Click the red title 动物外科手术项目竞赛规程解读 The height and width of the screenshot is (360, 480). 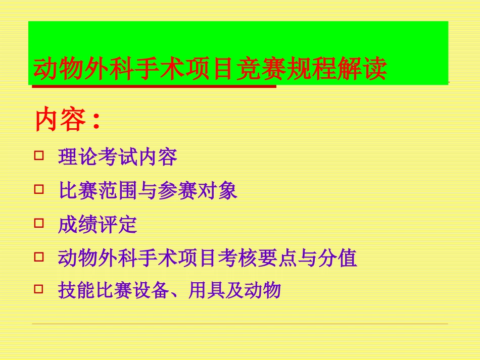pyautogui.click(x=210, y=69)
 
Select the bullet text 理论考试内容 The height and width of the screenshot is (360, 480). pyautogui.click(x=118, y=158)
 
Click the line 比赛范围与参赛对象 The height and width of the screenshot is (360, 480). pyautogui.click(x=148, y=191)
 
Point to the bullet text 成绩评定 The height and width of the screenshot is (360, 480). pyautogui.click(x=98, y=225)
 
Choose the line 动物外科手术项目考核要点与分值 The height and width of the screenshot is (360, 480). pyautogui.click(x=208, y=259)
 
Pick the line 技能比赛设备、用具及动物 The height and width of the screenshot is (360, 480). pyautogui.click(x=169, y=291)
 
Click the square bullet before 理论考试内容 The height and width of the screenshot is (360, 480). pyautogui.click(x=39, y=156)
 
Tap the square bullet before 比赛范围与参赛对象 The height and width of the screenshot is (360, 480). pyautogui.click(x=39, y=189)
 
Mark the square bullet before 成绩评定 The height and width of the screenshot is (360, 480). pyautogui.click(x=39, y=223)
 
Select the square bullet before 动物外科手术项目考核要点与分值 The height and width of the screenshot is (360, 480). pyautogui.click(x=39, y=256)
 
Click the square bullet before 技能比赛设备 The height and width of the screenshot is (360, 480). pyautogui.click(x=39, y=289)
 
